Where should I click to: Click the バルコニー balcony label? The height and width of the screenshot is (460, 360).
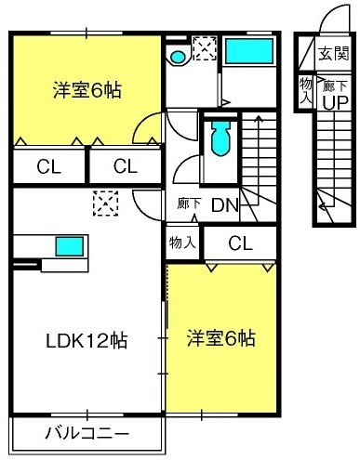[87, 433]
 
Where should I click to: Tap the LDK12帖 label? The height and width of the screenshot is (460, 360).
[87, 341]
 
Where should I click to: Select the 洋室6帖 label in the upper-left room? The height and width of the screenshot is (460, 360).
[87, 90]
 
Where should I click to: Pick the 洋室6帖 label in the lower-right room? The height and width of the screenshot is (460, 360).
[221, 338]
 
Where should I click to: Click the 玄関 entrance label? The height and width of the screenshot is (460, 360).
[334, 54]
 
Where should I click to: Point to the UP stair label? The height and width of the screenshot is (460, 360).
[336, 102]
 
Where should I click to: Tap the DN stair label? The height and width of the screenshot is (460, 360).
[225, 204]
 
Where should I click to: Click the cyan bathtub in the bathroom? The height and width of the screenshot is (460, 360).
[249, 51]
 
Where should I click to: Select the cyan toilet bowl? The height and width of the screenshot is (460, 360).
[220, 138]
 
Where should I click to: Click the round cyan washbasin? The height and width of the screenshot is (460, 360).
[179, 57]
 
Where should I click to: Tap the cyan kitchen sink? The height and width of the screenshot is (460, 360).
[70, 246]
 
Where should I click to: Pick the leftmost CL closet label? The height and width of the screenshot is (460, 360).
[48, 167]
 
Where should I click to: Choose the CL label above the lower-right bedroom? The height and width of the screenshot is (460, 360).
[240, 243]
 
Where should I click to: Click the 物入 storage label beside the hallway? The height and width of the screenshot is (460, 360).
[182, 242]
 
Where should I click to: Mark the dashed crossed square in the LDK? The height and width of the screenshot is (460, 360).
[106, 204]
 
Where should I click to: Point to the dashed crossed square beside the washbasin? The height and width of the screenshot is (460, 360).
[205, 48]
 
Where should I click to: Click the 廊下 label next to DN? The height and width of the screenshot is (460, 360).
[190, 204]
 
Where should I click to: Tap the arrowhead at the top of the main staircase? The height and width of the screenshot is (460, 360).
[259, 118]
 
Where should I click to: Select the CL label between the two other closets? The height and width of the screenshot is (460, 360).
[126, 166]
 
